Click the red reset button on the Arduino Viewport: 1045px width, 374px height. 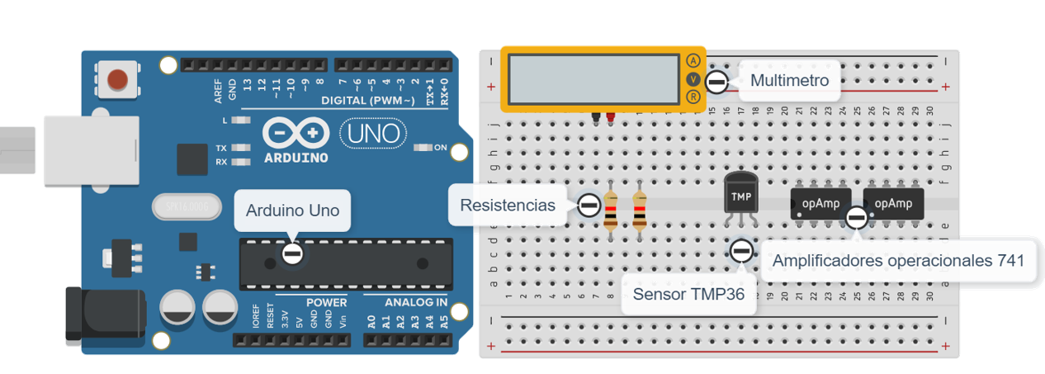click(x=118, y=80)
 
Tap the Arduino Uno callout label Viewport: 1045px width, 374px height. click(x=292, y=211)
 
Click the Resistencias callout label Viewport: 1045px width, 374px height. click(x=508, y=206)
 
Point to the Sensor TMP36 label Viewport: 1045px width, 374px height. click(x=688, y=295)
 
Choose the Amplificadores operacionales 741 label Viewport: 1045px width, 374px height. click(x=898, y=261)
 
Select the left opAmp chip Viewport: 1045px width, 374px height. click(x=815, y=203)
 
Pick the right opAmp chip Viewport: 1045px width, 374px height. click(x=892, y=203)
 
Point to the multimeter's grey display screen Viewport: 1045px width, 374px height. click(x=593, y=78)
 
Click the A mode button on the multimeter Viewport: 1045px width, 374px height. click(x=693, y=60)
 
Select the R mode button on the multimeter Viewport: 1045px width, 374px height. click(x=693, y=97)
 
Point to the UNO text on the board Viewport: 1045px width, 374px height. click(x=373, y=133)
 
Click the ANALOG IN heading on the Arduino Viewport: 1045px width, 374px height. click(x=404, y=302)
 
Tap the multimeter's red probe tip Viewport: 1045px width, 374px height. click(x=611, y=119)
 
